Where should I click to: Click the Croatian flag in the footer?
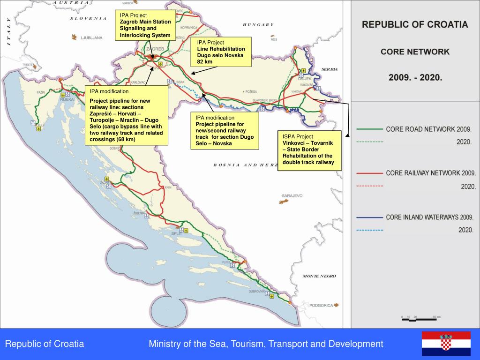(446, 344)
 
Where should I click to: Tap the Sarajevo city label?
(292, 195)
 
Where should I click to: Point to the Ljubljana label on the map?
(91, 38)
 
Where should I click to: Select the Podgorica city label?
(321, 305)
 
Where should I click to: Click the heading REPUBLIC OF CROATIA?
(415, 25)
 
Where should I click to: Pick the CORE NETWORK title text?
(415, 52)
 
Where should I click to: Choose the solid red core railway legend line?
(370, 173)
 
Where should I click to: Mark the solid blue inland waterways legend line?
(370, 217)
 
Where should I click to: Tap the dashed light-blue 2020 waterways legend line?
(370, 230)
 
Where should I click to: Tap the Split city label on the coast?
(176, 233)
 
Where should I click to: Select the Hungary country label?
(258, 25)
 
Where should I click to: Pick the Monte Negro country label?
(319, 276)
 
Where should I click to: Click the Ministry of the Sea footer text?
(266, 344)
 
